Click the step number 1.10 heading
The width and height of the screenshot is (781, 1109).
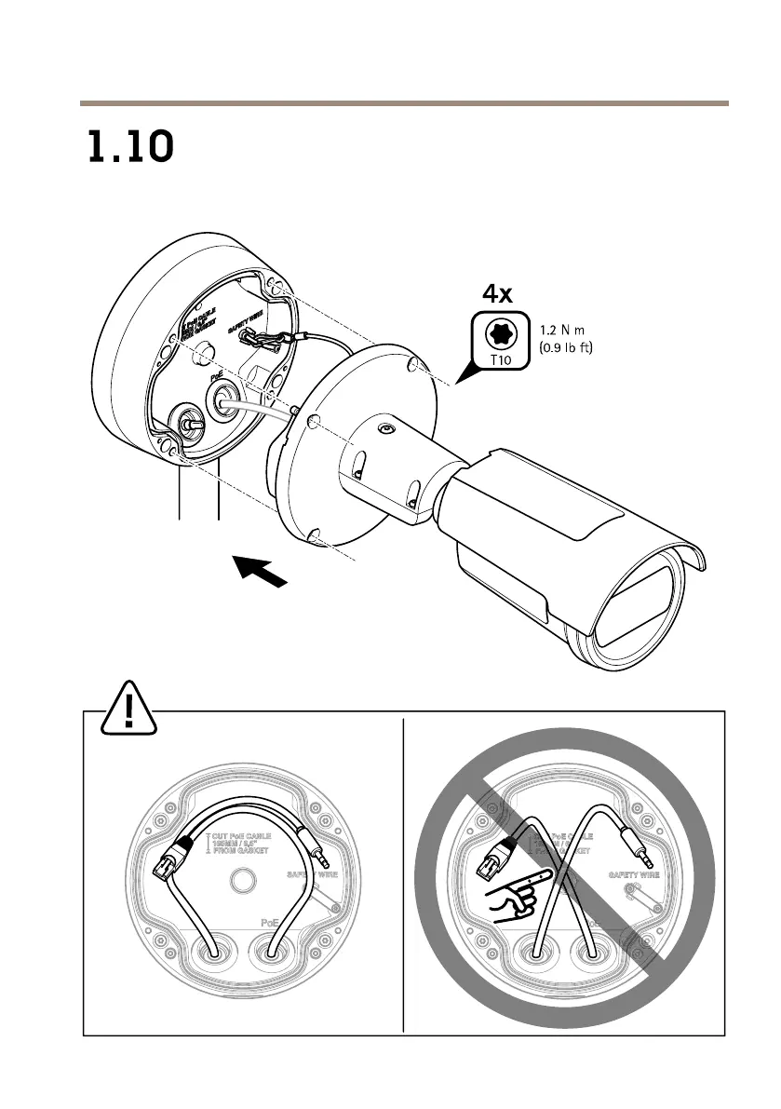click(x=130, y=147)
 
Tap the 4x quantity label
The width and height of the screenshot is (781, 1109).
click(x=496, y=294)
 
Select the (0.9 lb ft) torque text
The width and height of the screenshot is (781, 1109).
click(x=566, y=349)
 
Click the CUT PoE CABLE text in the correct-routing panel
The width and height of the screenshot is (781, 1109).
click(x=248, y=836)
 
